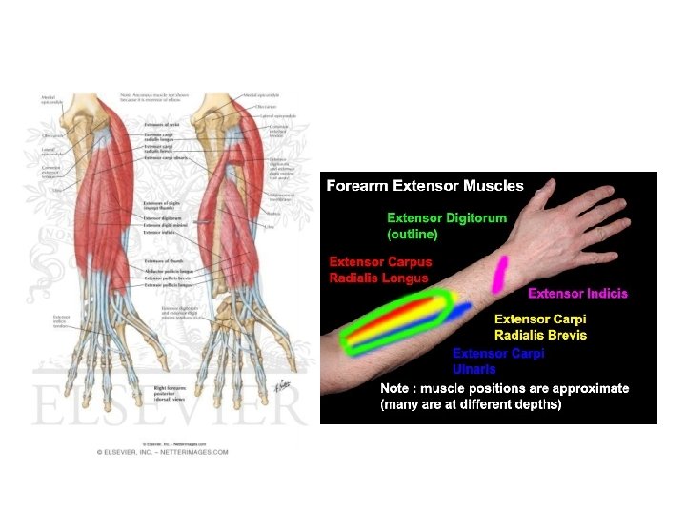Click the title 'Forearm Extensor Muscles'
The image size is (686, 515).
pos(425,185)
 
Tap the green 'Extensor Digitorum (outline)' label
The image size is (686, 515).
pos(446,225)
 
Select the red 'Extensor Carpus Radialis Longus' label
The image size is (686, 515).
pos(380,269)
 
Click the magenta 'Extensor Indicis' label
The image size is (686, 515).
pos(577,293)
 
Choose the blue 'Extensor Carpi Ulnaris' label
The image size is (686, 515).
pos(498,360)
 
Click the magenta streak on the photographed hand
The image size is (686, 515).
pos(498,274)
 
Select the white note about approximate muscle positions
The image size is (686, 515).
pos(504,397)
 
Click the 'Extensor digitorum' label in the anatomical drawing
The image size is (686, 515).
pos(163,218)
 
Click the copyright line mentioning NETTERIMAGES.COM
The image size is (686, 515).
pos(162,452)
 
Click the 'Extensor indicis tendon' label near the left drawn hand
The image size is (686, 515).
pos(62,321)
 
